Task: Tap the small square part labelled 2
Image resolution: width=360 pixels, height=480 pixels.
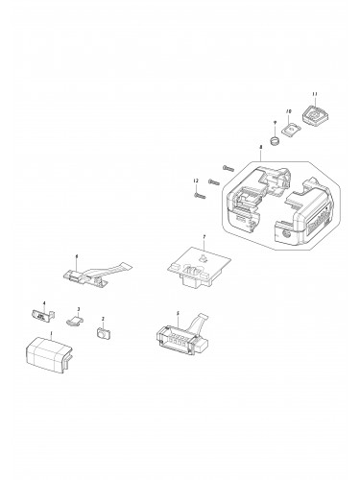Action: point(103,335)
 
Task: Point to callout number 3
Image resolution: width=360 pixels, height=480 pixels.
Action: point(79,309)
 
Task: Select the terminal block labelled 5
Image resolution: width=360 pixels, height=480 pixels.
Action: point(179,339)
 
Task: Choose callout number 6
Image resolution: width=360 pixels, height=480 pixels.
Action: point(77,256)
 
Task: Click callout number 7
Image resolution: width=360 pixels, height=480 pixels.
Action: point(204,236)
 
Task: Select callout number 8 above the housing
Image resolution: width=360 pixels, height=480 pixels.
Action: point(260,147)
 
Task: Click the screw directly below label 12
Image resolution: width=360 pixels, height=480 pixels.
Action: point(199,195)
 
